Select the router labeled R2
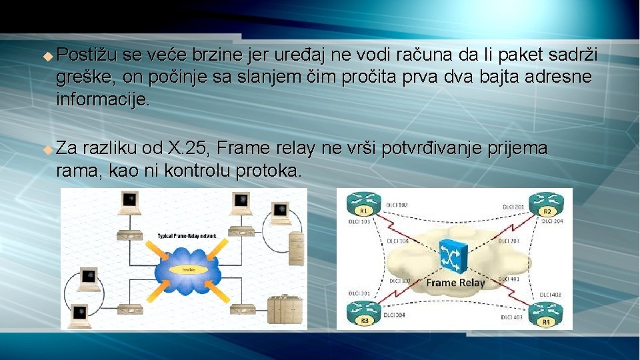pyautogui.click(x=546, y=204)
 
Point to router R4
pyautogui.click(x=546, y=314)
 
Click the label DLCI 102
pyautogui.click(x=399, y=205)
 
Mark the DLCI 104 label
pyautogui.click(x=398, y=241)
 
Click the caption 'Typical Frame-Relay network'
pyautogui.click(x=187, y=236)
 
